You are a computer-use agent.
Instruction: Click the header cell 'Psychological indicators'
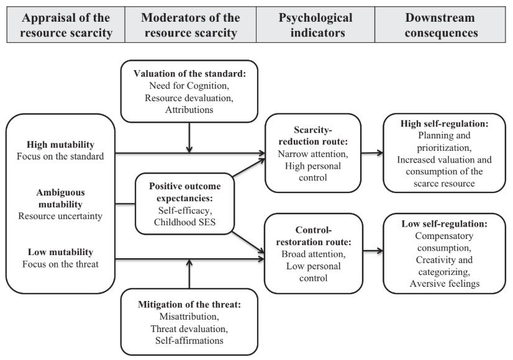click(x=314, y=25)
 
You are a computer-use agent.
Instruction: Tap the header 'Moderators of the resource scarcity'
click(x=189, y=25)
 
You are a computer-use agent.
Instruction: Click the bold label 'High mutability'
click(x=60, y=142)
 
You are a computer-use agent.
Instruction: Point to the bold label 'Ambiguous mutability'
click(x=60, y=198)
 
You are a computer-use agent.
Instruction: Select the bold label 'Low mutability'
click(x=60, y=252)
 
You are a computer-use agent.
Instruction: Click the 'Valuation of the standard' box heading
click(x=189, y=73)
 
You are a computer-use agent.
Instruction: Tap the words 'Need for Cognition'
click(x=189, y=85)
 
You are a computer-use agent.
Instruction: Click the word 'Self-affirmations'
click(x=189, y=340)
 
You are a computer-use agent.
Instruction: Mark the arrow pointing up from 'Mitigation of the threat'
click(x=189, y=273)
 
